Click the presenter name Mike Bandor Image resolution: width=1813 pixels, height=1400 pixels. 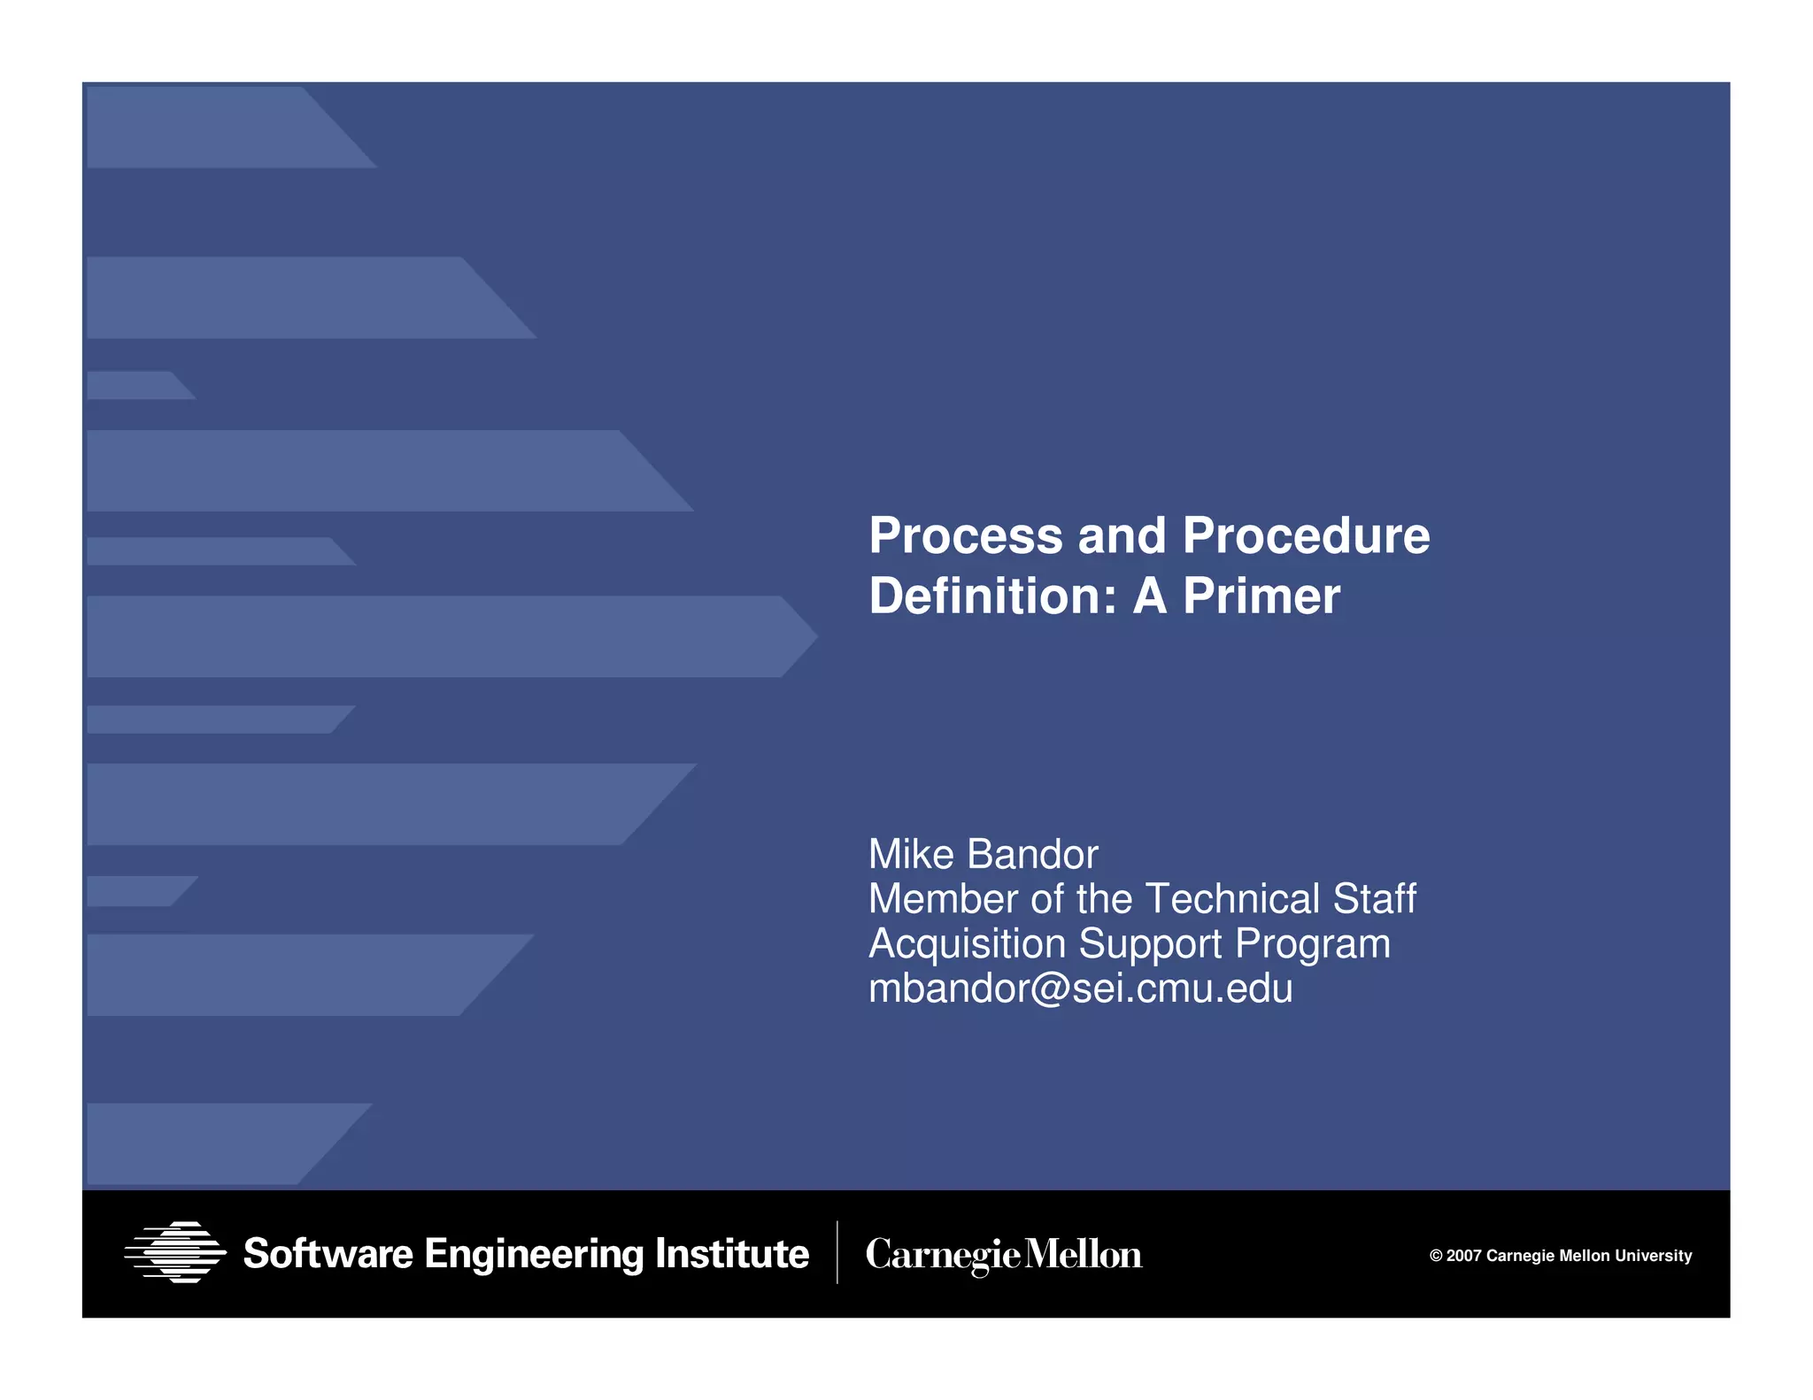click(x=983, y=855)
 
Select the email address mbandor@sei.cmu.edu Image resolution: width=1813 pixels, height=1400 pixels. click(x=1080, y=988)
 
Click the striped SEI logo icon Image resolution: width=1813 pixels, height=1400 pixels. click(x=175, y=1252)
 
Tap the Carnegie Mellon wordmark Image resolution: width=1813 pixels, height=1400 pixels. click(x=1003, y=1255)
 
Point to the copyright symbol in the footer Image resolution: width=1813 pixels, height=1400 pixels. click(x=1436, y=1256)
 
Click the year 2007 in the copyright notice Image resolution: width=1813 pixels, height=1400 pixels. click(x=1464, y=1256)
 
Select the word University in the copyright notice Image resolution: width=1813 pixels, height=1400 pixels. click(x=1653, y=1256)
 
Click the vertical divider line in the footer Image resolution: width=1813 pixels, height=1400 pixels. click(x=837, y=1252)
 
